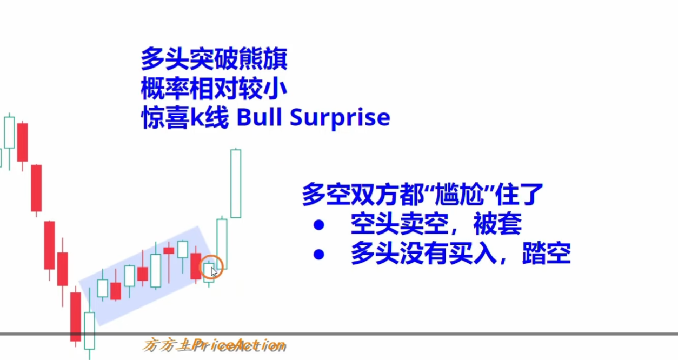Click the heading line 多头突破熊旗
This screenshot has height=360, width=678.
(214, 59)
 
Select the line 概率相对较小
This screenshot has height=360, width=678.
(214, 88)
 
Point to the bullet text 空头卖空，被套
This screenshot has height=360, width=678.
(436, 224)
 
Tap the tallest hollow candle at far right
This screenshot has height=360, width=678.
(236, 184)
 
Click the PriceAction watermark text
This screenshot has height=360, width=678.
(238, 345)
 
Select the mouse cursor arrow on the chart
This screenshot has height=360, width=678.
(214, 271)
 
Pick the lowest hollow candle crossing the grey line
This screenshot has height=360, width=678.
(89, 330)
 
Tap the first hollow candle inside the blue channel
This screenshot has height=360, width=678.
(102, 288)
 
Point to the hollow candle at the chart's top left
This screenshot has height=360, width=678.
(9, 132)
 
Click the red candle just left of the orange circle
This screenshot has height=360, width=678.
(195, 265)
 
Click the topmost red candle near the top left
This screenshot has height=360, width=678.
(22, 142)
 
